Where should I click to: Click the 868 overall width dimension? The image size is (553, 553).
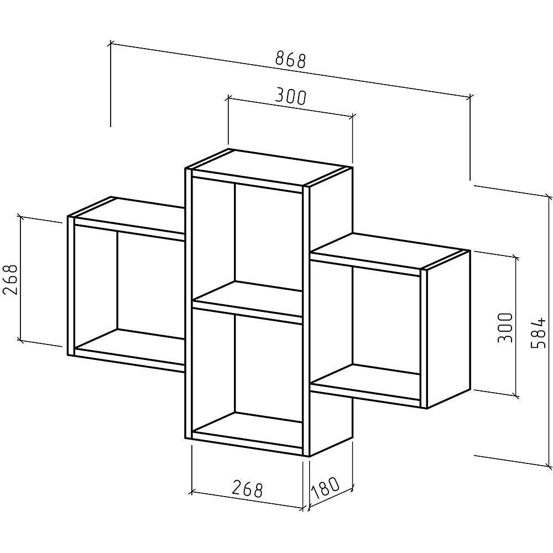pyautogui.click(x=290, y=59)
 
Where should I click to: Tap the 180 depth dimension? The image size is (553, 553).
pyautogui.click(x=325, y=488)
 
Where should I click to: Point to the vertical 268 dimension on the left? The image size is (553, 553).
pyautogui.click(x=10, y=279)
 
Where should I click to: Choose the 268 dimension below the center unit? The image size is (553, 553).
pyautogui.click(x=248, y=489)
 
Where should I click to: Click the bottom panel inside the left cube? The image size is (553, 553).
pyautogui.click(x=130, y=346)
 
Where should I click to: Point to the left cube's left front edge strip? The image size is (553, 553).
pyautogui.click(x=71, y=286)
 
